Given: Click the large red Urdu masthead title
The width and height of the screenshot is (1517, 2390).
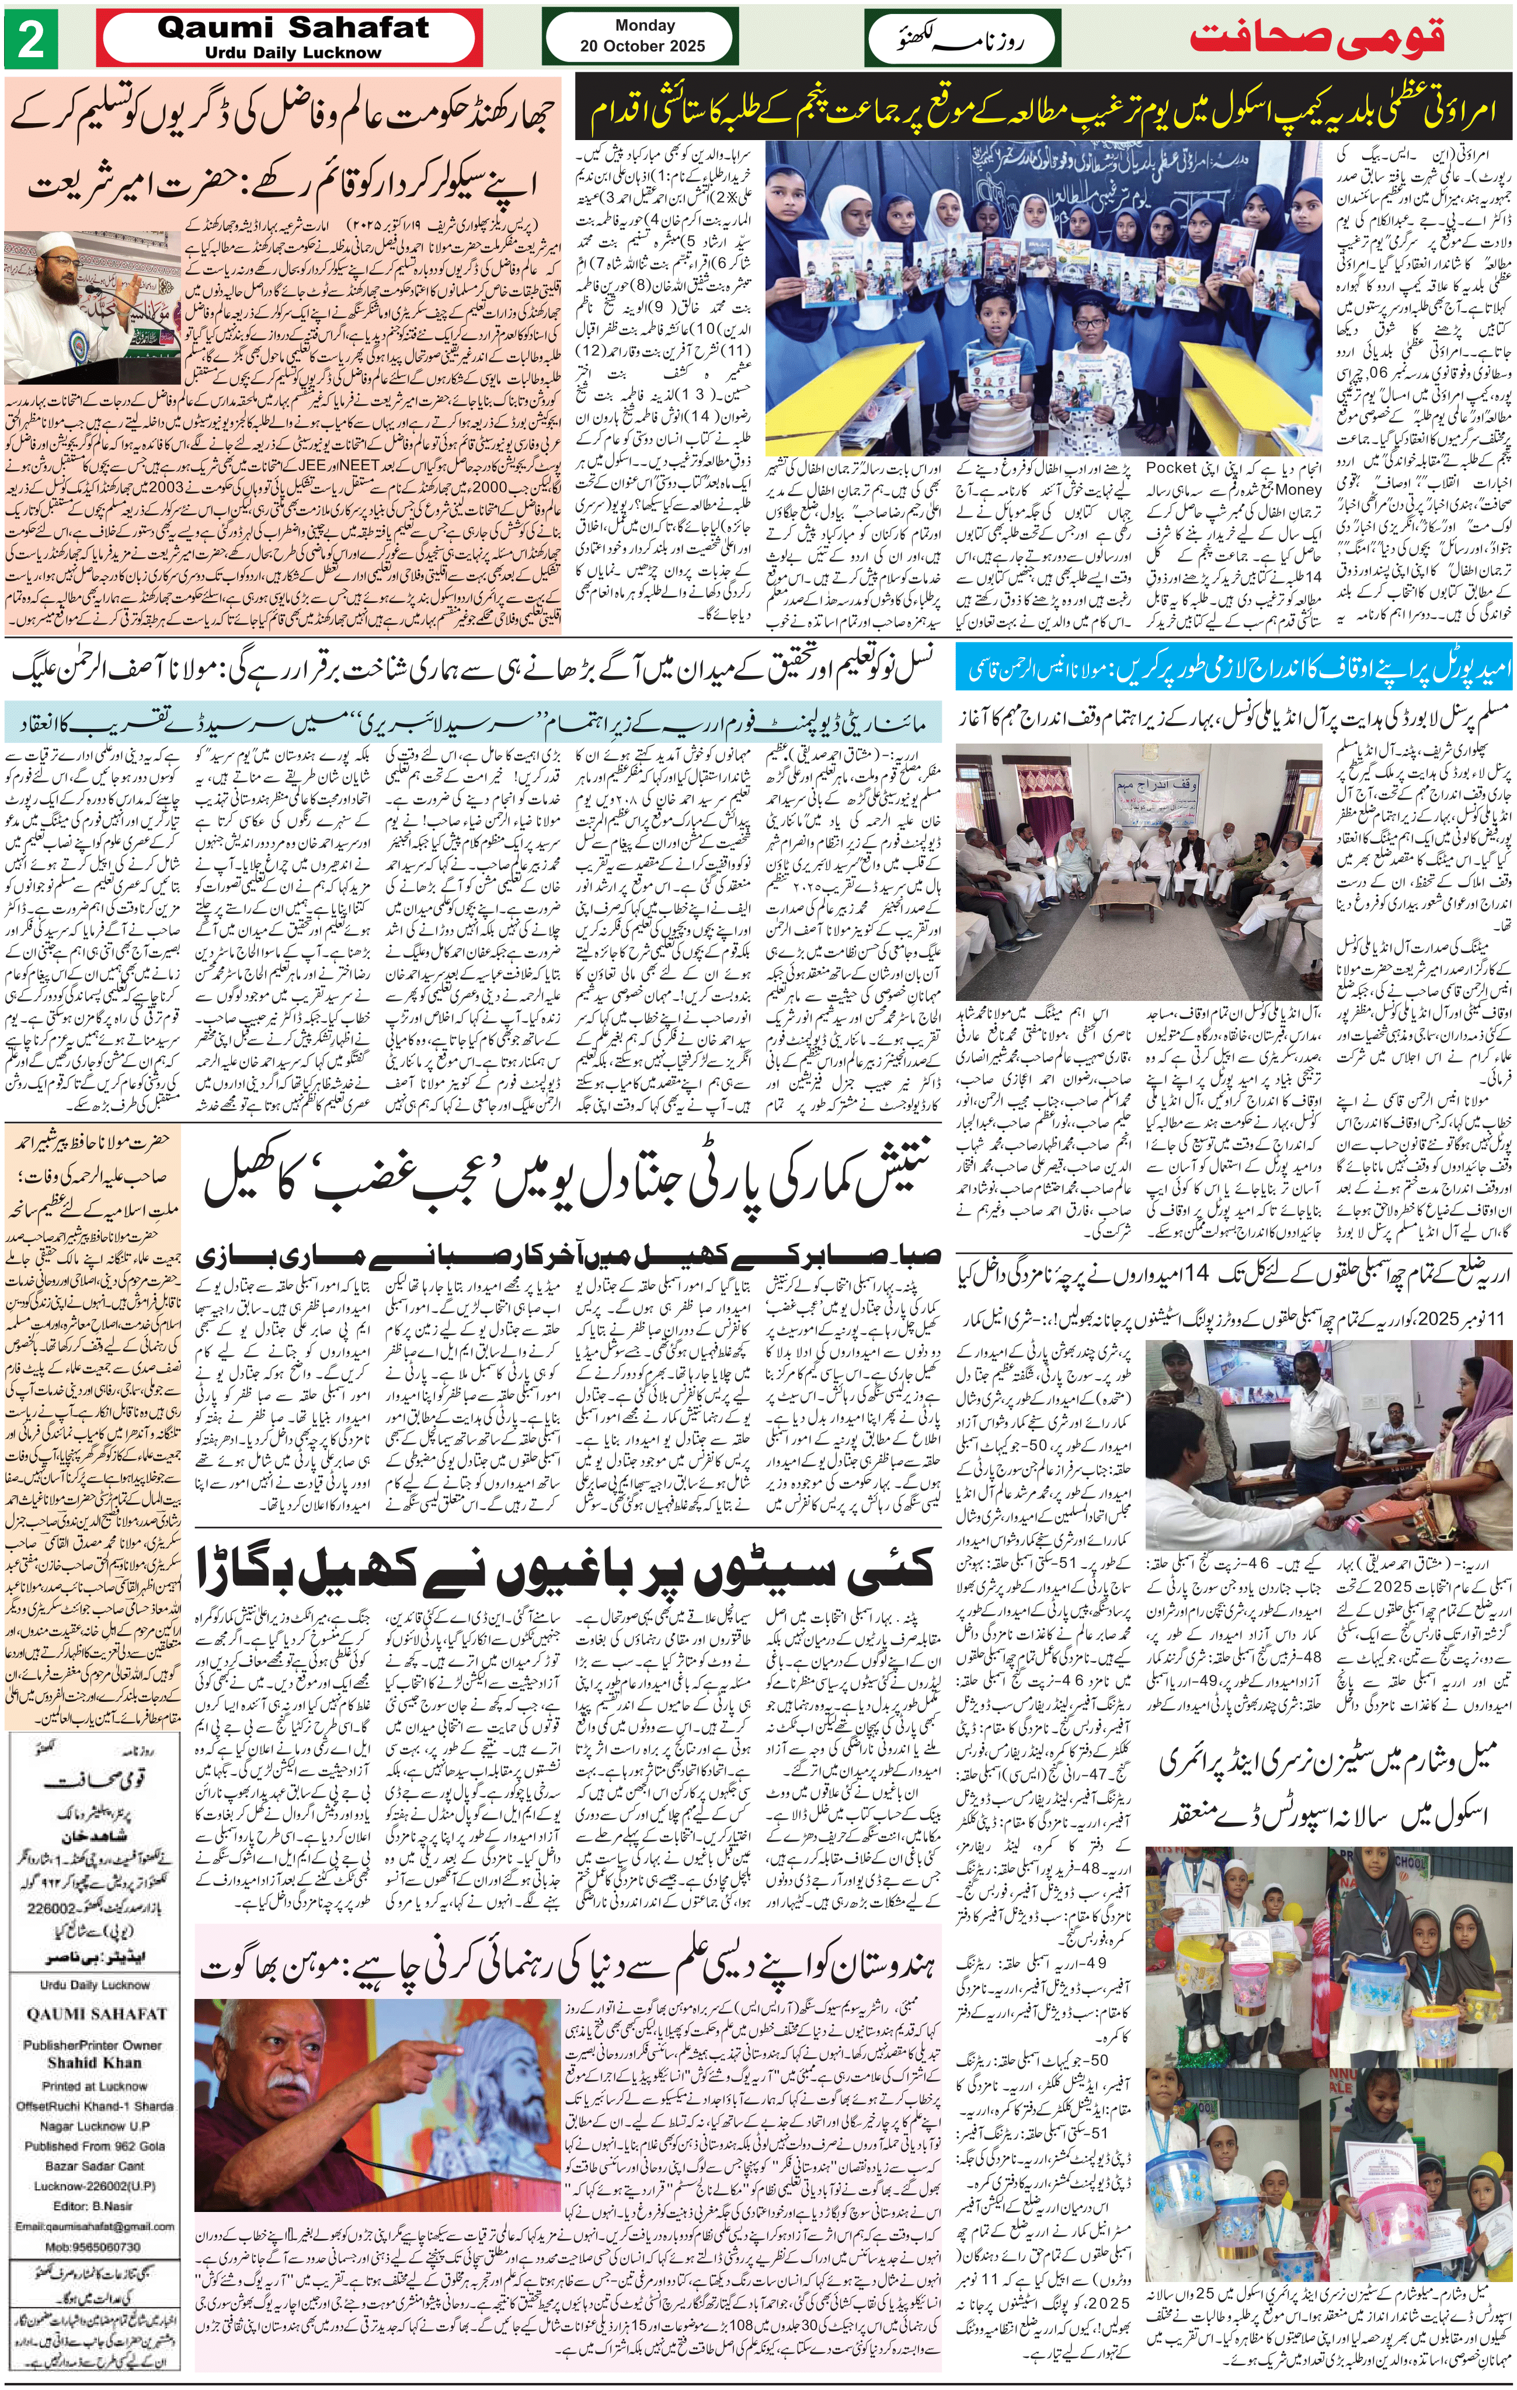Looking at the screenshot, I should (x=1317, y=38).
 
